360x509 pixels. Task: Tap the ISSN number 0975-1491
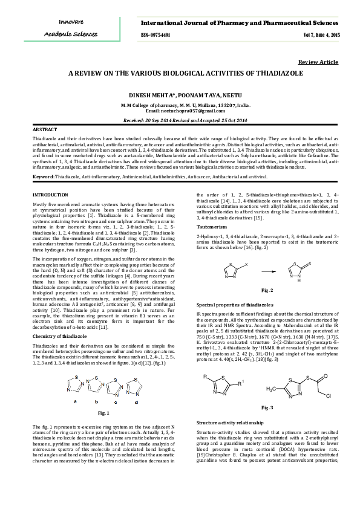[160, 35]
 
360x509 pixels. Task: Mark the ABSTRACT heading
[44, 131]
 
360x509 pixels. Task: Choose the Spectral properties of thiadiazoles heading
[235, 303]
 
